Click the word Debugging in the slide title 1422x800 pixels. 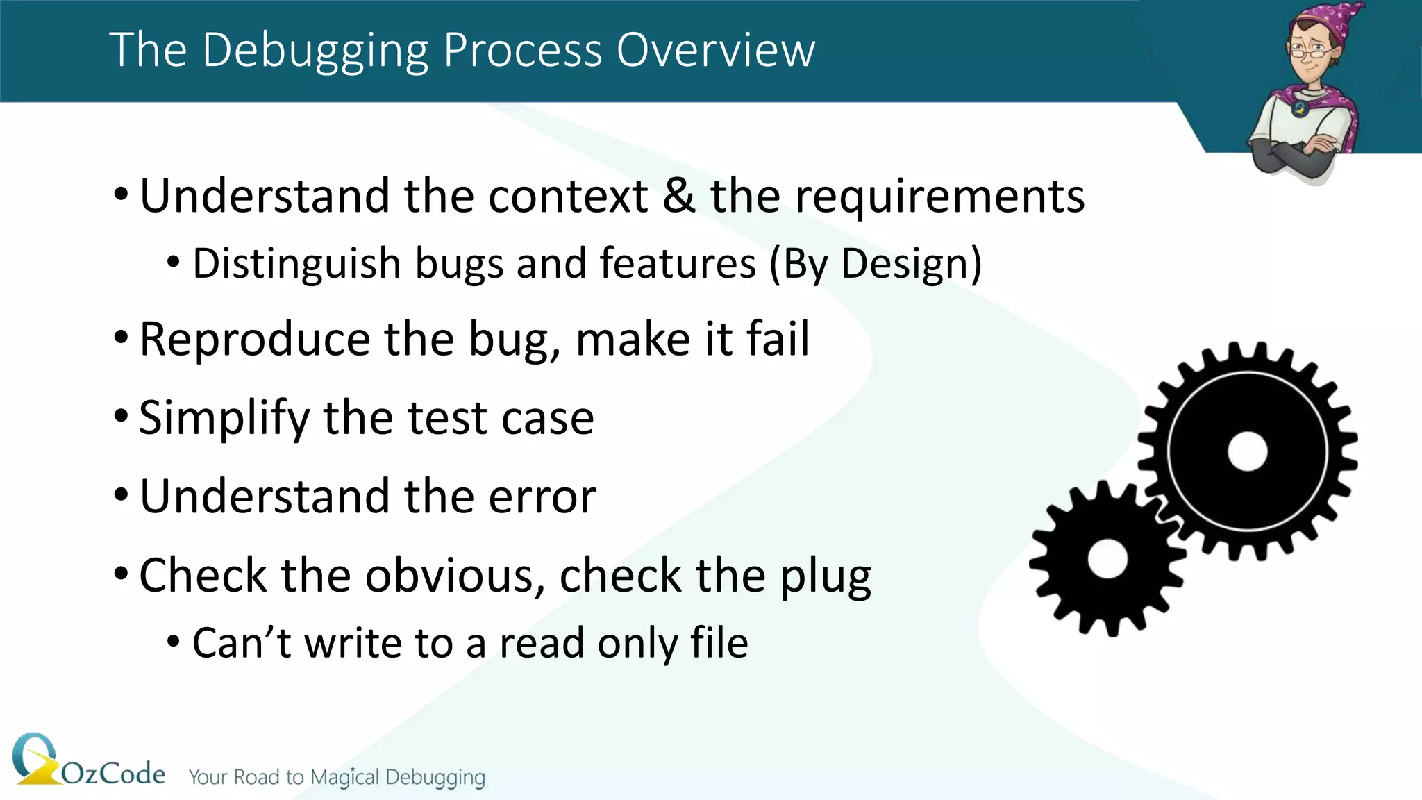click(316, 50)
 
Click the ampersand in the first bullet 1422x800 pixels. click(678, 196)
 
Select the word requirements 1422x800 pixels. click(939, 197)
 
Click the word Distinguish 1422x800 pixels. click(297, 264)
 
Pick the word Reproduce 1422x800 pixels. click(255, 340)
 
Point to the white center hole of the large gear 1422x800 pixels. click(1248, 451)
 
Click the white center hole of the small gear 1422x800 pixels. click(1107, 559)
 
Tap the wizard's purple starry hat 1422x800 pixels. click(1337, 24)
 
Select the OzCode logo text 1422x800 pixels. click(113, 774)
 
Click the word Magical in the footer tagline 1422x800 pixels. click(344, 777)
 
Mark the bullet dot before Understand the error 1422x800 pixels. click(121, 496)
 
